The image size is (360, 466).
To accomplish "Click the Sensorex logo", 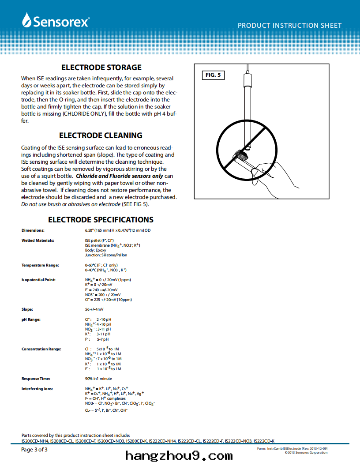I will click(56, 20).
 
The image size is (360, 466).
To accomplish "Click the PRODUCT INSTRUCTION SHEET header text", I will click(289, 26).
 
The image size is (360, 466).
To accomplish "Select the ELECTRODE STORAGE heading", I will click(101, 68).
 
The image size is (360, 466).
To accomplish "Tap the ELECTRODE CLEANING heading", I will click(101, 135).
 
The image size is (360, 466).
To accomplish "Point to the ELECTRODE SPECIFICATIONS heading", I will click(101, 220).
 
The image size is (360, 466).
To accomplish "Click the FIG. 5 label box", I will click(213, 75).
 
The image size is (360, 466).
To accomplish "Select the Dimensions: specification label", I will click(33, 230).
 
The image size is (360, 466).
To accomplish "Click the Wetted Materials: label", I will click(38, 241).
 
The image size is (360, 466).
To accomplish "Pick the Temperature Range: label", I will click(40, 265).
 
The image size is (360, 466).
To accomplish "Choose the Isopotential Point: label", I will click(38, 280).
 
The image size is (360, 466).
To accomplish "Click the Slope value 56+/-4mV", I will click(94, 309).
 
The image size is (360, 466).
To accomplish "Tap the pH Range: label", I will click(31, 319).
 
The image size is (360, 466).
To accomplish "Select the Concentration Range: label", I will click(41, 349).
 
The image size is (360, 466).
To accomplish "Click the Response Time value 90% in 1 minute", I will click(98, 379).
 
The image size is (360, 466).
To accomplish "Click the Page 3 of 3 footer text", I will click(34, 450).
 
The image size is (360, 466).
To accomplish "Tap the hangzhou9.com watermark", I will click(179, 456).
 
